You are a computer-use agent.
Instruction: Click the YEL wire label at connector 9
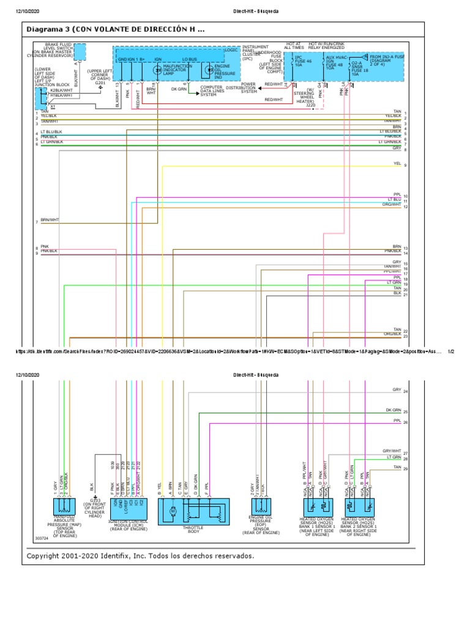pyautogui.click(x=397, y=164)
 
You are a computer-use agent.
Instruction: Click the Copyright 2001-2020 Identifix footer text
pyautogui.click(x=140, y=556)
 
